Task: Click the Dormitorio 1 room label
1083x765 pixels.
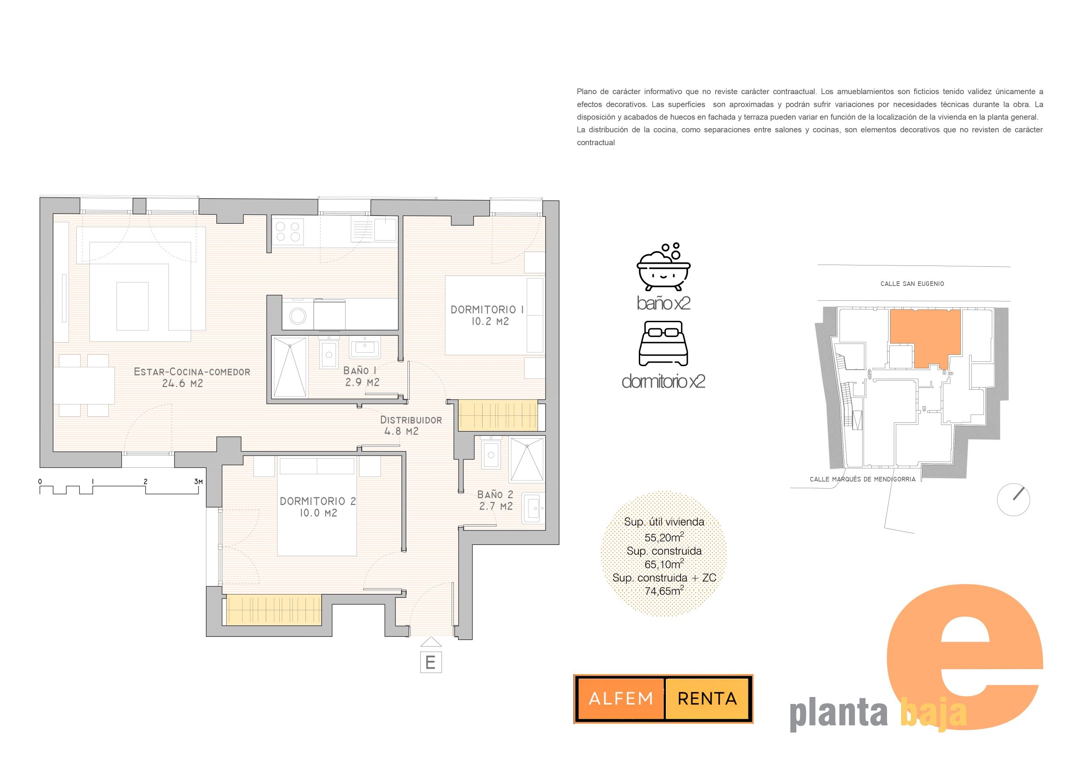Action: click(x=487, y=315)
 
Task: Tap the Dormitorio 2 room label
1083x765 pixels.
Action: click(x=318, y=507)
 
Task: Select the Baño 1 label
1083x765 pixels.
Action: click(x=362, y=376)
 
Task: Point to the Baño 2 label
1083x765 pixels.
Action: click(x=495, y=500)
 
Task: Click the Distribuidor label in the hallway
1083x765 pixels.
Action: click(x=411, y=425)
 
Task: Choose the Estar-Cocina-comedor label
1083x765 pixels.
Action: click(x=192, y=377)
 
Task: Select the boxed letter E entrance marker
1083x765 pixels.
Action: click(x=431, y=662)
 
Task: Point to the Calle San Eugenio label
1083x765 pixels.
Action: click(x=912, y=284)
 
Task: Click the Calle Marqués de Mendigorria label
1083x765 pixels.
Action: click(x=863, y=479)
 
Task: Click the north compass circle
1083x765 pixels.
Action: click(x=1013, y=500)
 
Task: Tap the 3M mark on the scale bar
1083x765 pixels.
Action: click(x=199, y=482)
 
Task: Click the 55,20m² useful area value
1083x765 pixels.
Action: click(x=664, y=537)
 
